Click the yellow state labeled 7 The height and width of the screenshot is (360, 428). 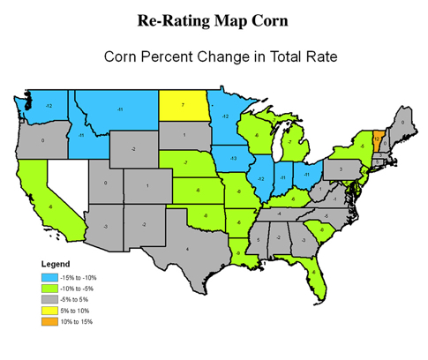[181, 105]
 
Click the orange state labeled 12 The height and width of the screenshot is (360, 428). [377, 139]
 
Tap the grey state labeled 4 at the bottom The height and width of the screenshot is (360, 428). [186, 250]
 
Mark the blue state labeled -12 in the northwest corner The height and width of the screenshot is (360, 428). [48, 106]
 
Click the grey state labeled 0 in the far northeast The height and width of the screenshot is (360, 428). [402, 122]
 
